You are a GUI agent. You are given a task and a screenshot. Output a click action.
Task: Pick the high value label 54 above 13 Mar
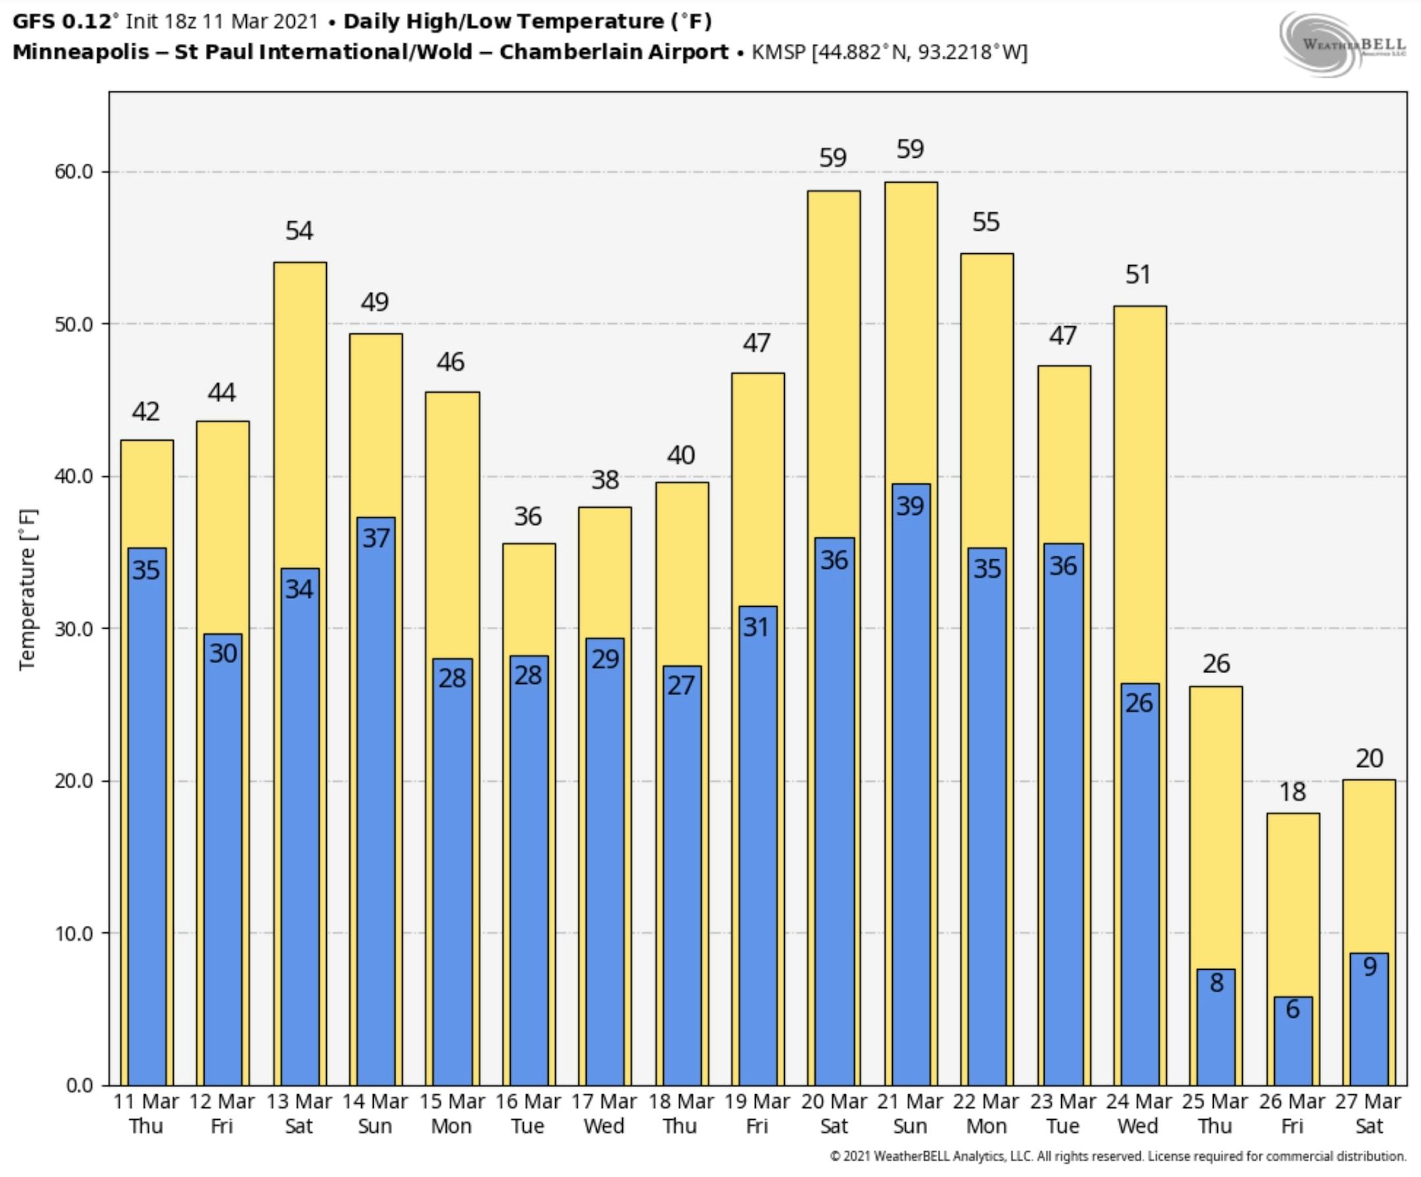[x=299, y=231]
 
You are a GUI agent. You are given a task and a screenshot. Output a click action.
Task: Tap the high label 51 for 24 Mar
[x=1138, y=275]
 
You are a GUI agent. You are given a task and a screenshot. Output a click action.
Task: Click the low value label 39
[x=910, y=506]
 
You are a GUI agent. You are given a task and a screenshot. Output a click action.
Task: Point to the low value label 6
[x=1293, y=1009]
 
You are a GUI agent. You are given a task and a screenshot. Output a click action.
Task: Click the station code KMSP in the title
[x=779, y=52]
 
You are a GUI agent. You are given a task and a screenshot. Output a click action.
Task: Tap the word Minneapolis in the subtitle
[x=80, y=52]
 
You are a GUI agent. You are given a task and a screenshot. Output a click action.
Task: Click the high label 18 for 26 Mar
[x=1292, y=792]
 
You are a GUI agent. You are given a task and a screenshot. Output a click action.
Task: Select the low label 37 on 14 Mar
[x=376, y=539]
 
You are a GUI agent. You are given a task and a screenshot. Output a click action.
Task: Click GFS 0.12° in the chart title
[x=62, y=22]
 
